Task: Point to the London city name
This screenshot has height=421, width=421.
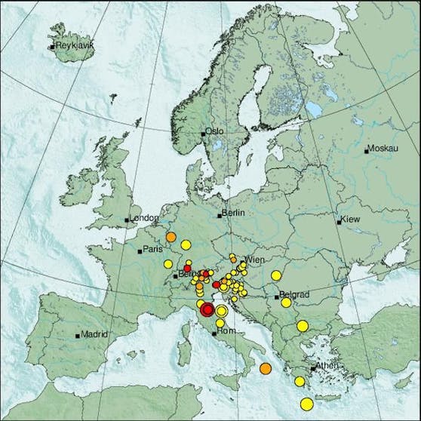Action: (144, 218)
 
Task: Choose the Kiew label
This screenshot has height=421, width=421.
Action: (352, 220)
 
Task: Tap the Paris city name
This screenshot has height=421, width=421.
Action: (155, 249)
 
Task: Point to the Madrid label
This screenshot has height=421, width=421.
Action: (95, 333)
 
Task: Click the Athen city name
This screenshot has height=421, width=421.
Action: (328, 365)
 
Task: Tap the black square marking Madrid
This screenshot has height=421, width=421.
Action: (78, 335)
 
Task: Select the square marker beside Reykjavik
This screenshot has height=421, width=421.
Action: (51, 48)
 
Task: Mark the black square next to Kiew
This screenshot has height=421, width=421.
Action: (340, 221)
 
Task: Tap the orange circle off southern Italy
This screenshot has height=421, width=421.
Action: (265, 368)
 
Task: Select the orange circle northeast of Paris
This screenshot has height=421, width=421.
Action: (171, 238)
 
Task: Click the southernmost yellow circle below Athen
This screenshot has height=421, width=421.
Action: (306, 404)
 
